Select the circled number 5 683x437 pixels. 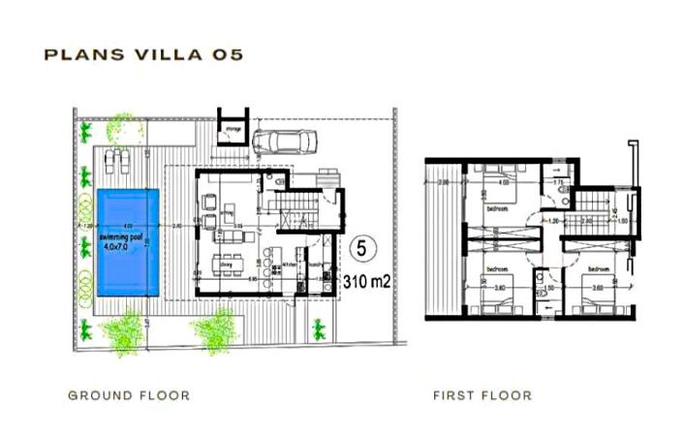click(361, 248)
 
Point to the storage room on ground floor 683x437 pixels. click(233, 128)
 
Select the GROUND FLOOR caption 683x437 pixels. click(129, 395)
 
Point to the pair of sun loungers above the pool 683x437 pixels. click(112, 158)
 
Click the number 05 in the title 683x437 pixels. click(226, 54)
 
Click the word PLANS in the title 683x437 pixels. click(81, 54)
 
